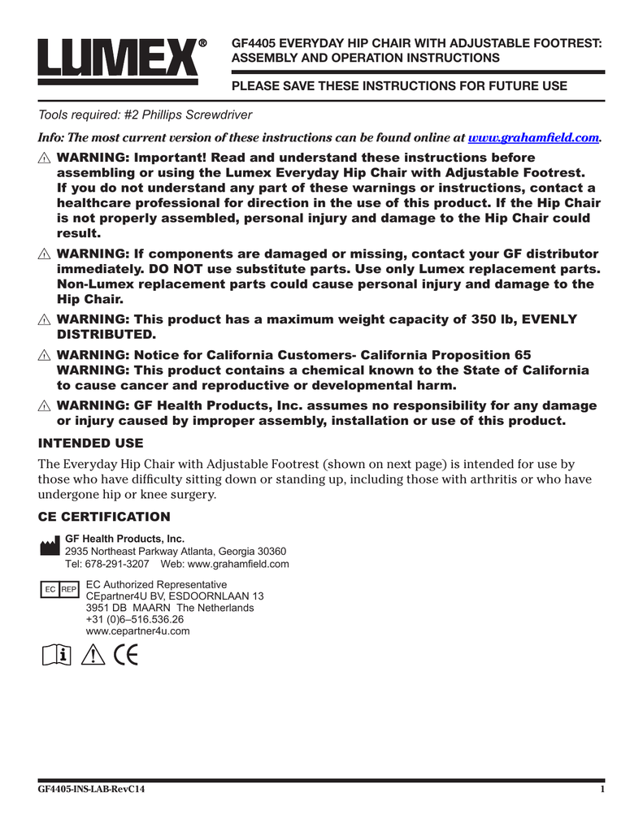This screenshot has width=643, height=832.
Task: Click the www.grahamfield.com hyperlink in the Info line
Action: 534,138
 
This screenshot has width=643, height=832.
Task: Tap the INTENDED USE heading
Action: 91,443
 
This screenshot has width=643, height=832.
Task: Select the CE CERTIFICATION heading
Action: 105,517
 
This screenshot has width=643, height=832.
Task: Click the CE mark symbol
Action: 126,655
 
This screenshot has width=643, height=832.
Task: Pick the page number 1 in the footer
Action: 601,790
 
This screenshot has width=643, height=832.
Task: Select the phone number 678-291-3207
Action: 117,564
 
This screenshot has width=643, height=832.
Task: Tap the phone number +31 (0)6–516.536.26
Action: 134,619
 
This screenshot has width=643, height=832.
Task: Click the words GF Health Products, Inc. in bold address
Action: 124,539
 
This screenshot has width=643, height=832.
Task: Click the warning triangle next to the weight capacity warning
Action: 46,320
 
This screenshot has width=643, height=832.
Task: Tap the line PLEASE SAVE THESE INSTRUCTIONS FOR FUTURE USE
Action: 400,86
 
